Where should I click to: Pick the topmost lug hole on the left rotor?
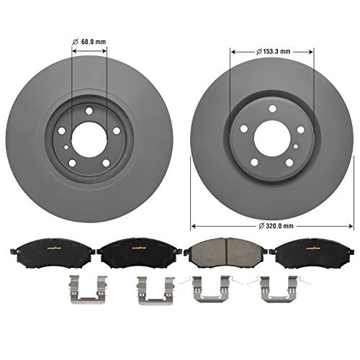click(89, 110)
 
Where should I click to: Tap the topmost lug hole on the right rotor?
click(272, 109)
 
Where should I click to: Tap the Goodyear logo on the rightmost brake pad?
click(303, 246)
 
